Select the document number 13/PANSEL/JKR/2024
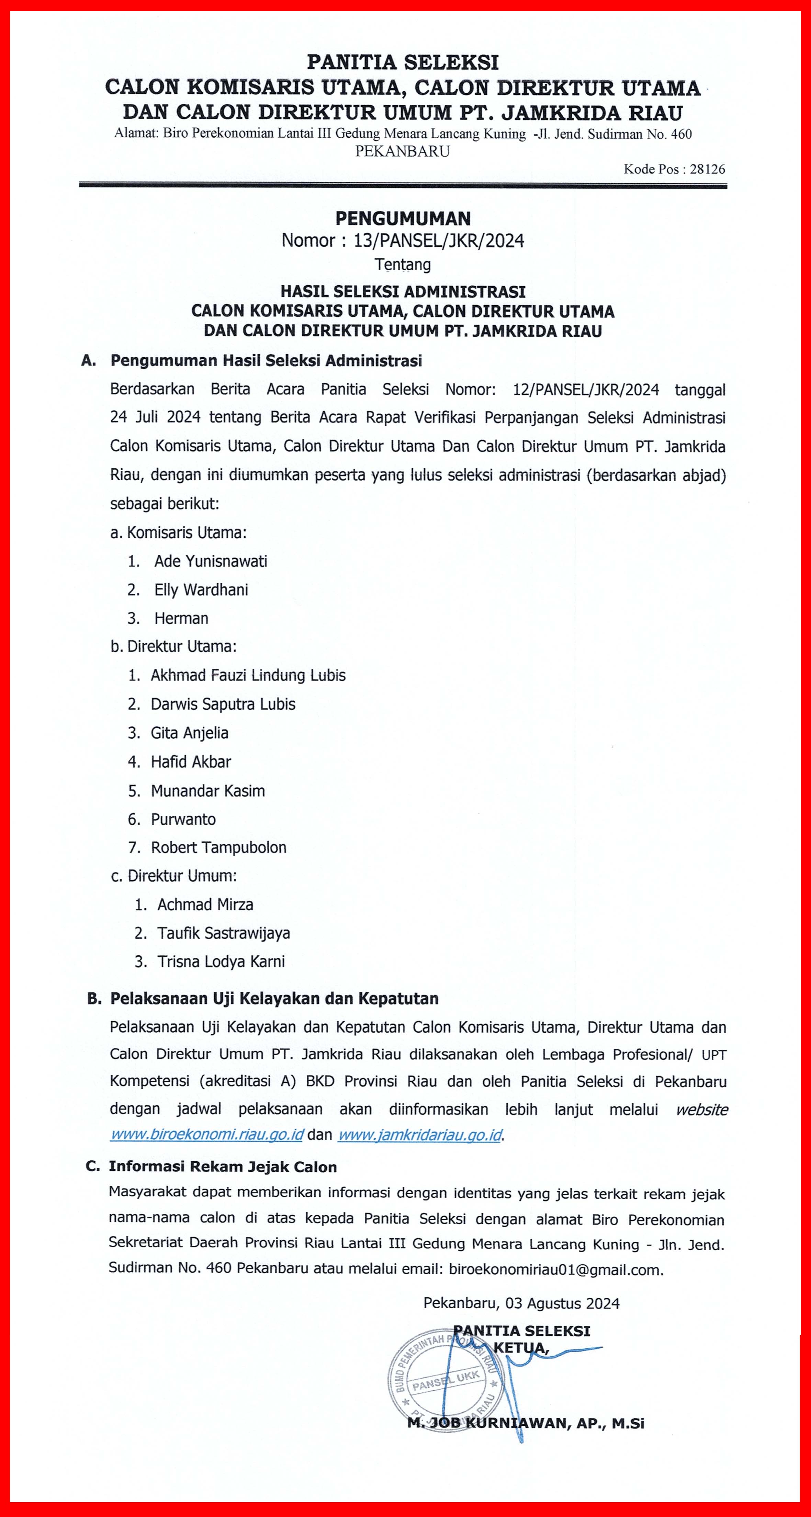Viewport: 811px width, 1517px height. pyautogui.click(x=439, y=241)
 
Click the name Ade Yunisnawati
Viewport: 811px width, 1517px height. pyautogui.click(x=211, y=561)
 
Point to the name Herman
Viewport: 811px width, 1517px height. pyautogui.click(x=181, y=618)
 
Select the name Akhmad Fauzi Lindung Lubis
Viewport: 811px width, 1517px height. pyautogui.click(x=248, y=676)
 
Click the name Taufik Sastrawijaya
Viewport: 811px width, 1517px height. pyautogui.click(x=223, y=933)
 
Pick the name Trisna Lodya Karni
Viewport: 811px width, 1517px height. pyautogui.click(x=221, y=962)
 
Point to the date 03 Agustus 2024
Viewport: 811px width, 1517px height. pyautogui.click(x=562, y=1303)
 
